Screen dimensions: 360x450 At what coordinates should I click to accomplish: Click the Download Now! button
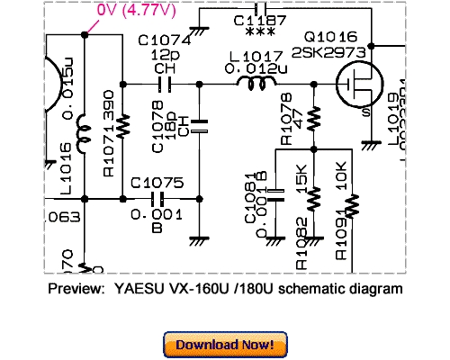225,345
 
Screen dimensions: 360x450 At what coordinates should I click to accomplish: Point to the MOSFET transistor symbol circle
354,86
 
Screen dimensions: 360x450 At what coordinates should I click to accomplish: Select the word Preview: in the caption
76,290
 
